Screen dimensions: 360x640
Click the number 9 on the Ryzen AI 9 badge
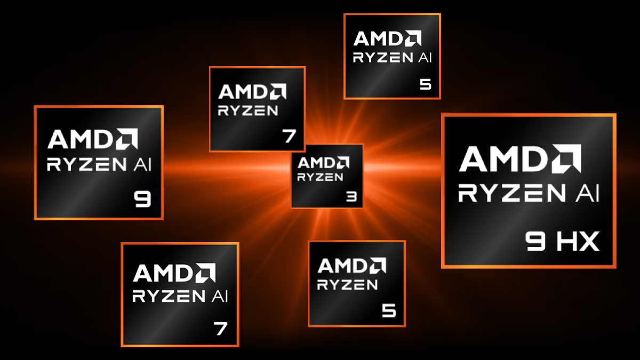click(143, 199)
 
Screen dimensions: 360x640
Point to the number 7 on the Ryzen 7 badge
click(289, 136)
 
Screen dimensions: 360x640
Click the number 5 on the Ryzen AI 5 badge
click(425, 84)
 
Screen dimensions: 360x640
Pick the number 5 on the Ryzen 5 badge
click(389, 310)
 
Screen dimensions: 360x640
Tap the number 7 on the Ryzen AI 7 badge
click(220, 328)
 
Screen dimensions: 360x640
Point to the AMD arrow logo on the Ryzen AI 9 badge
click(126, 139)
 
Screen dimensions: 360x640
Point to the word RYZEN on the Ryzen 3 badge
click(320, 177)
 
